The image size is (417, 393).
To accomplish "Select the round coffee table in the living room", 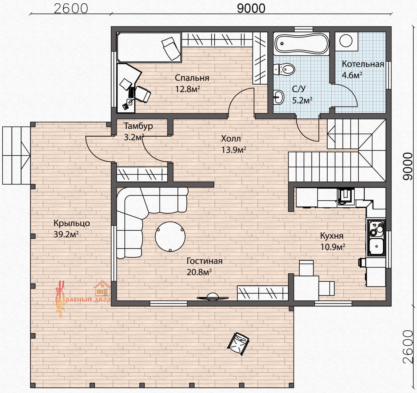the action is [170, 237].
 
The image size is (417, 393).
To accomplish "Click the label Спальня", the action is [192, 78].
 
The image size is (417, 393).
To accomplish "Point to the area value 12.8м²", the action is [187, 89].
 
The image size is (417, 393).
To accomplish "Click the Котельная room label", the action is [363, 64].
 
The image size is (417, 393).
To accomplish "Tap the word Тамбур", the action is [138, 126].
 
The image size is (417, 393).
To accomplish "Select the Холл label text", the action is [231, 138].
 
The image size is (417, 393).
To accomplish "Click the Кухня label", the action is [332, 236].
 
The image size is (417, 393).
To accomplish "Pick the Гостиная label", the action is [205, 261].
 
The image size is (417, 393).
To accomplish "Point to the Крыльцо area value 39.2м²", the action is [66, 234].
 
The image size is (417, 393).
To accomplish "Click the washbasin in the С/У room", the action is [279, 97].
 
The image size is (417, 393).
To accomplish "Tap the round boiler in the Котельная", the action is [346, 41].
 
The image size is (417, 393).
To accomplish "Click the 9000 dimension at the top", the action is [251, 8].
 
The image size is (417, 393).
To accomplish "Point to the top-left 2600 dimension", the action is [71, 8].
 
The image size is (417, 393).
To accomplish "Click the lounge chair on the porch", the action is [238, 344].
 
